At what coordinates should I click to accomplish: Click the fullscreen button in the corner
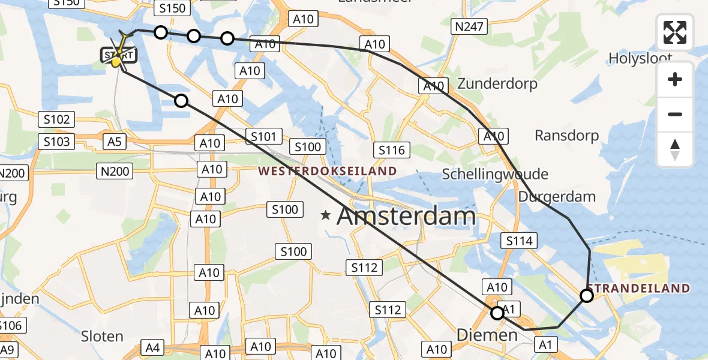pos(675,32)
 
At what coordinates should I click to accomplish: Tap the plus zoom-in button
pos(675,79)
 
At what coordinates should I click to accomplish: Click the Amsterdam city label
pos(406,216)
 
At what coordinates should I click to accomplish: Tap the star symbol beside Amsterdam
pos(326,215)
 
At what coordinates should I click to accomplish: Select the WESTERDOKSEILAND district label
pos(328,171)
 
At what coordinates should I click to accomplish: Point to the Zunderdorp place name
pos(497,83)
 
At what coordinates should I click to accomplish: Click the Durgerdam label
pos(557,196)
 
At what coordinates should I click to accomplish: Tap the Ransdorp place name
pos(566,136)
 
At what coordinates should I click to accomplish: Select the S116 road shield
pos(392,149)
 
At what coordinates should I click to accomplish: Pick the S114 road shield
pos(519,241)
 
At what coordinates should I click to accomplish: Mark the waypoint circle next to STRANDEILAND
pos(587,295)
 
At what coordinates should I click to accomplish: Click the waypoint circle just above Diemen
pos(497,313)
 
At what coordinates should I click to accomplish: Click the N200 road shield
pos(114,172)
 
